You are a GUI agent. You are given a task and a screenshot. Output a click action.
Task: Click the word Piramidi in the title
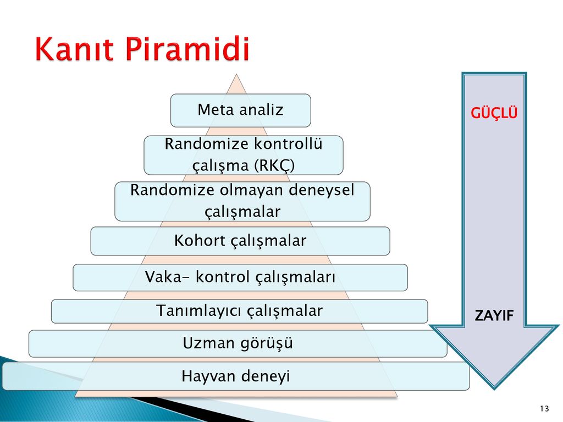[187, 48]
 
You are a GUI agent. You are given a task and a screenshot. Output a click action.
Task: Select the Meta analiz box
[241, 110]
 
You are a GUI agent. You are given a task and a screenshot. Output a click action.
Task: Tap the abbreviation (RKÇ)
[274, 165]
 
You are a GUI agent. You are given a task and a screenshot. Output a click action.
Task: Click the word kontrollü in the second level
[288, 144]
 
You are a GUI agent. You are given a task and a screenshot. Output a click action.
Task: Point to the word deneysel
[321, 190]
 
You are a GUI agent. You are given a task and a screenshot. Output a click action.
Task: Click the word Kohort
[200, 241]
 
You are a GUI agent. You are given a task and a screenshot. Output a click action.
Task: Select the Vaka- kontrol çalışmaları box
[240, 277]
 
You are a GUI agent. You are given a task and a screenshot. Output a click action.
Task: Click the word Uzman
[208, 343]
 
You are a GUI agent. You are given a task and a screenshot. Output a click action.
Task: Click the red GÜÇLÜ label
[494, 113]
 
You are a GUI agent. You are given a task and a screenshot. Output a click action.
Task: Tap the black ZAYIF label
[494, 315]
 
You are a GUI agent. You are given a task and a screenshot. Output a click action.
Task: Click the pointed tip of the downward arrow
[494, 389]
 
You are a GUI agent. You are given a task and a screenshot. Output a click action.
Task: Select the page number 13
[544, 408]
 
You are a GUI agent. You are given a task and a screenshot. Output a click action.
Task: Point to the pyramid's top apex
[236, 74]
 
